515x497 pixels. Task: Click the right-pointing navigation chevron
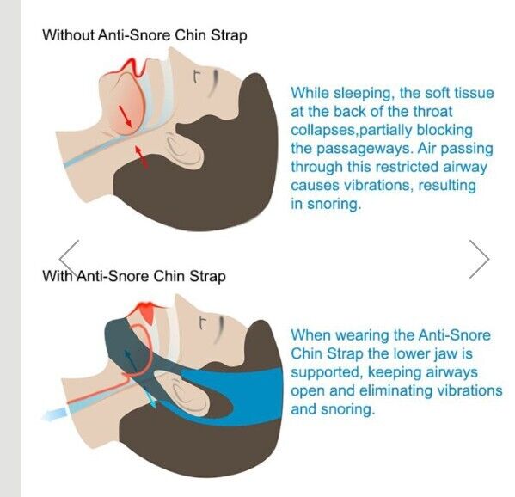(480, 258)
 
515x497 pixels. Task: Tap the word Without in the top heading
(67, 35)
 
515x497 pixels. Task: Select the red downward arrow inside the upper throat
(125, 117)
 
